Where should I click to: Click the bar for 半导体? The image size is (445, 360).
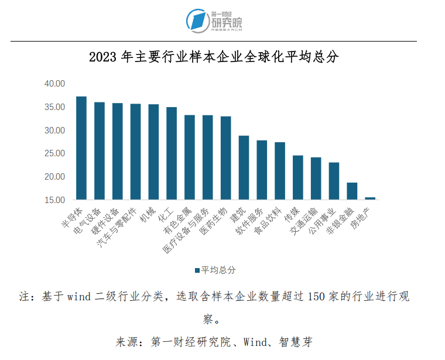81,148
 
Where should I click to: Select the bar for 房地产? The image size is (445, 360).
370,198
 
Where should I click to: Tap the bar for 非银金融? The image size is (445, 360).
352,191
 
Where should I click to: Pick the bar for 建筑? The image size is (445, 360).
244,167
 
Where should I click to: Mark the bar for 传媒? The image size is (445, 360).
298,177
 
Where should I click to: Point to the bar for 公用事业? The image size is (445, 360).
334,181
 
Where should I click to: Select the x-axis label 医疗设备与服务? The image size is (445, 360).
186,230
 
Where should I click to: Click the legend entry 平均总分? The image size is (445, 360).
215,270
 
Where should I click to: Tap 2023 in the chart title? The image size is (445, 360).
103,57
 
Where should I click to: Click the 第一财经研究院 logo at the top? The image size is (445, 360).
214,20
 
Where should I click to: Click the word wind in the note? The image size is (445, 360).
80,297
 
